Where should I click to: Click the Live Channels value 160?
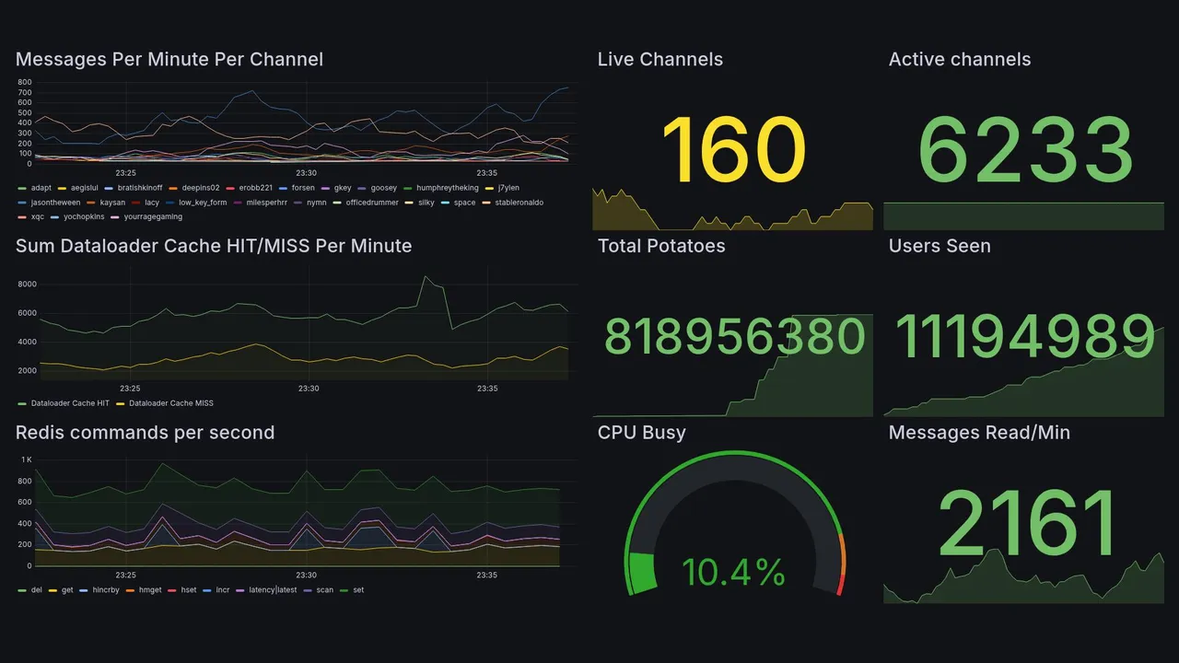pos(733,150)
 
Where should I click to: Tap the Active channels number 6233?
pos(1025,150)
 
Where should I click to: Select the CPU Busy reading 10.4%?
pos(733,573)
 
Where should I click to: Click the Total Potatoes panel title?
pos(661,246)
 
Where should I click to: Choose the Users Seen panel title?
pos(940,246)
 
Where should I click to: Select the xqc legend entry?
pos(37,217)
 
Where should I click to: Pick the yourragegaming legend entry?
pos(146,217)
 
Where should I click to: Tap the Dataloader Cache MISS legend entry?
pos(171,403)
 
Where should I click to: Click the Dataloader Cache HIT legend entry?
pos(70,403)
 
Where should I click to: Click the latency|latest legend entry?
pos(273,590)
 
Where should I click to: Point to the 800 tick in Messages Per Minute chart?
pos(25,83)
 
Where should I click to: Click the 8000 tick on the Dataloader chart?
pos(27,285)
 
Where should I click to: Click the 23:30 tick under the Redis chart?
pos(307,576)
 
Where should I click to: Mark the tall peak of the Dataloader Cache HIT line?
pos(425,276)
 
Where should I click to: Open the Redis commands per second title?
pos(145,433)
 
